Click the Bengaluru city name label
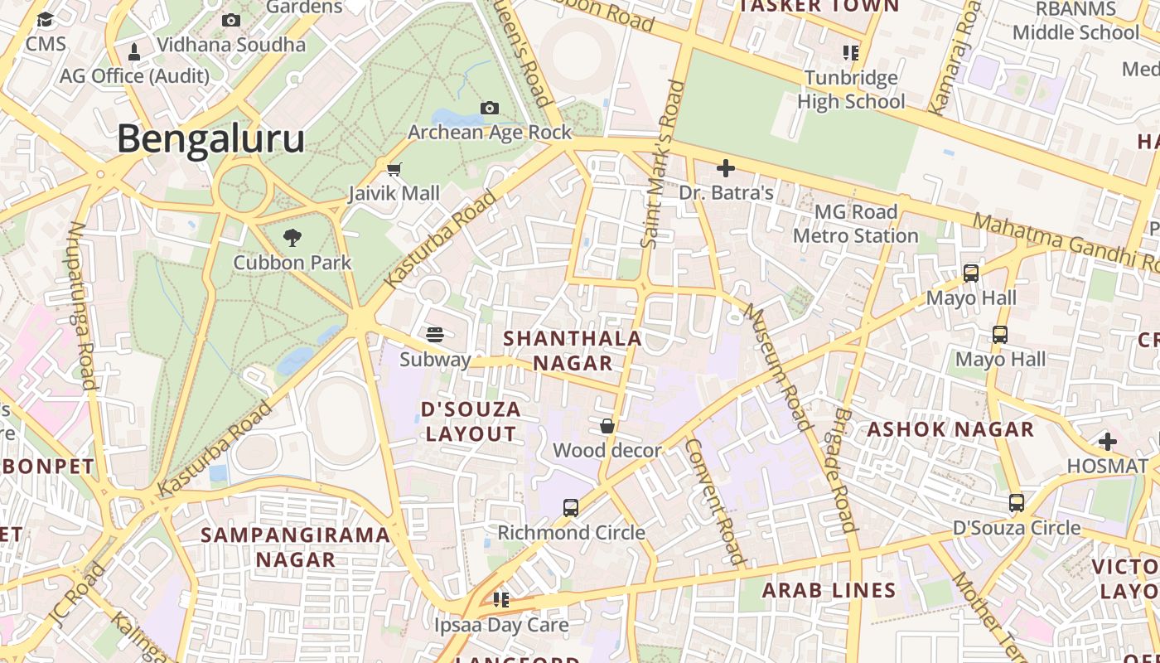click(210, 139)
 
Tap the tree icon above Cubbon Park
click(292, 239)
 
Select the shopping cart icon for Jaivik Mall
click(394, 169)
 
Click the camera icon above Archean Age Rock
click(490, 109)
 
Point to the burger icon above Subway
click(435, 335)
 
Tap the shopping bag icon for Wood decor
click(607, 427)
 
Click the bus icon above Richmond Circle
click(571, 508)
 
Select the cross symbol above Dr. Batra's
click(726, 169)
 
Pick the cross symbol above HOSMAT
click(1108, 442)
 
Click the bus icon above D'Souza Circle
click(1017, 503)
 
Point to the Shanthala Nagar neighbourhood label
click(573, 351)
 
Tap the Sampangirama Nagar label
click(295, 547)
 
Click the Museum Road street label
click(777, 366)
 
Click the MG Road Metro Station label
click(856, 224)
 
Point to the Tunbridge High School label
click(851, 90)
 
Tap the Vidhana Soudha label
click(231, 45)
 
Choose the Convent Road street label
click(717, 501)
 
